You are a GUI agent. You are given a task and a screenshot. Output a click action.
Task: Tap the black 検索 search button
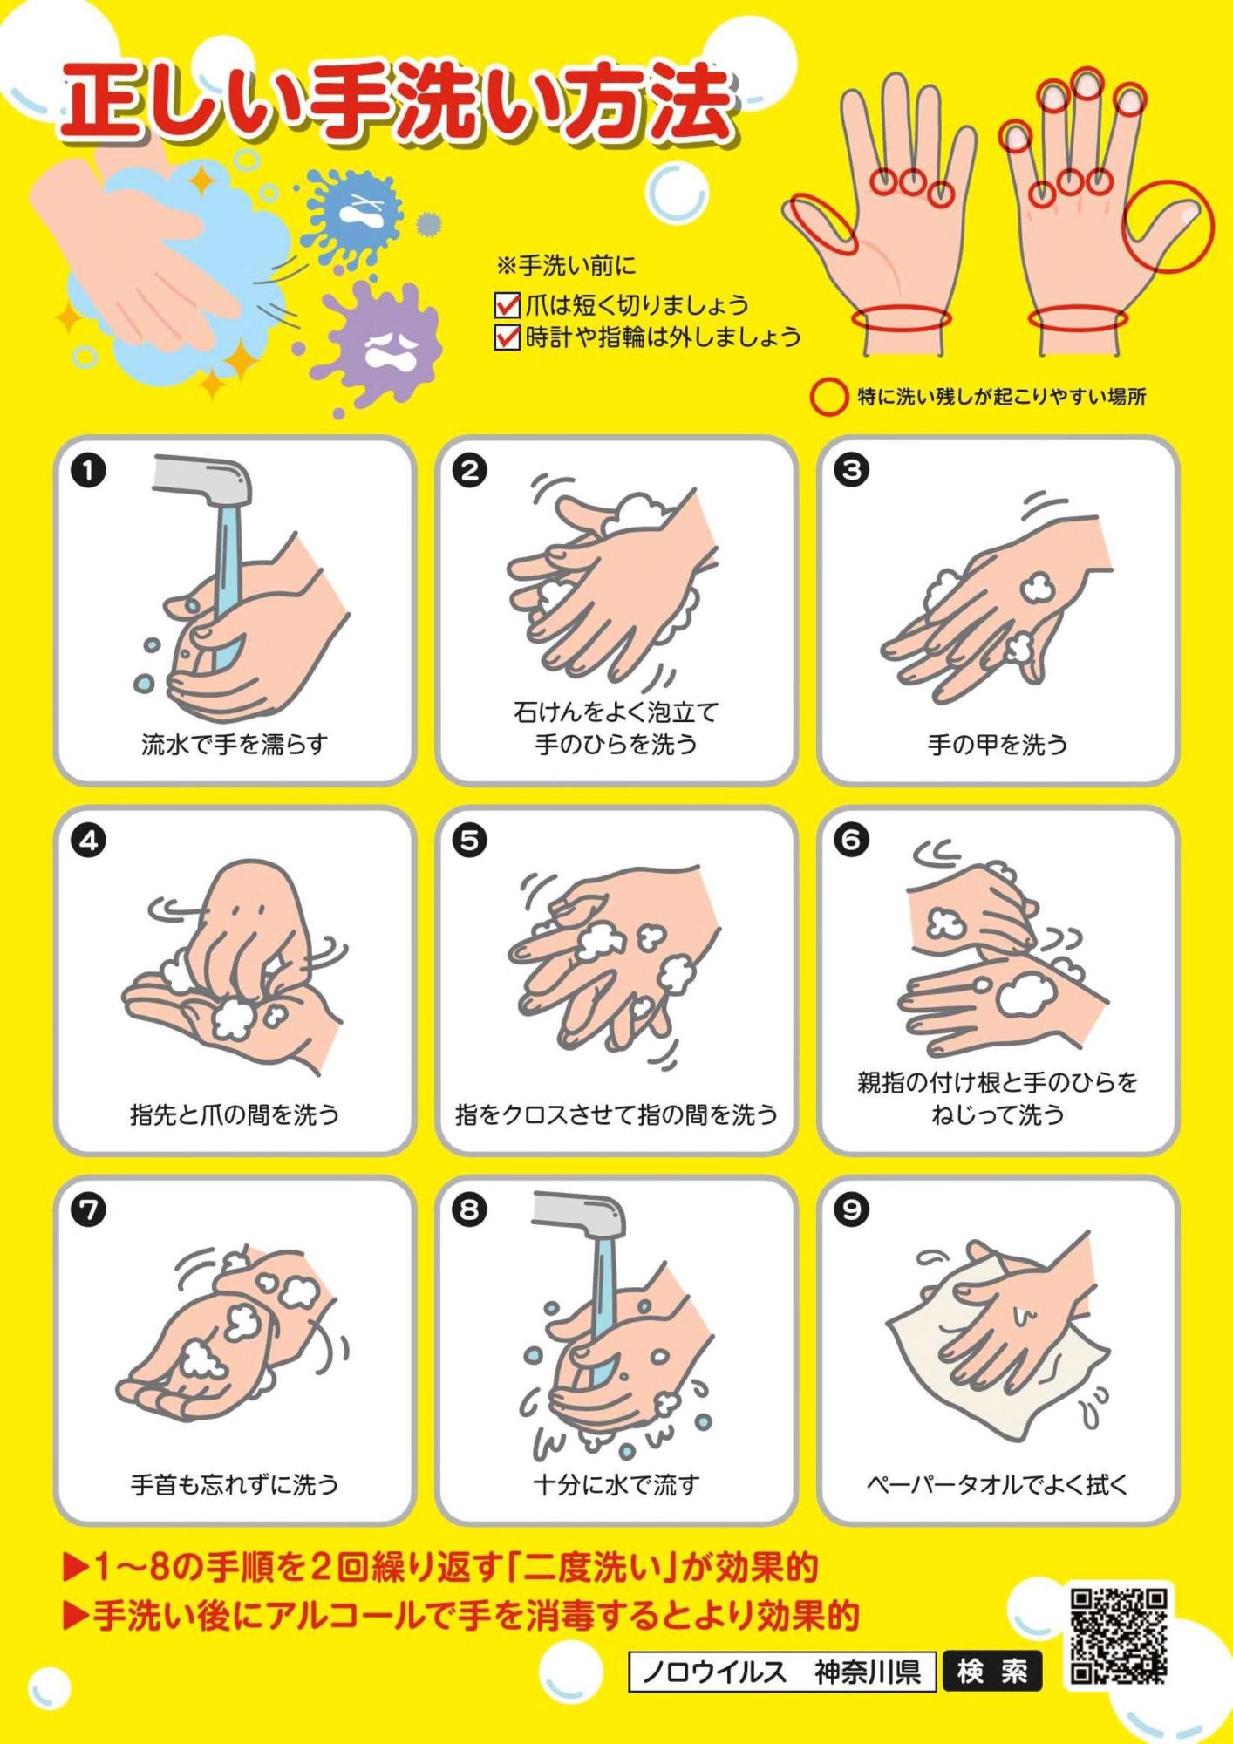coord(992,1672)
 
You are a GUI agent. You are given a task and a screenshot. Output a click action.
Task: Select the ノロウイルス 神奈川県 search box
coord(782,1672)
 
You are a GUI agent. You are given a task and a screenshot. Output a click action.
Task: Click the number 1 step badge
coord(89,471)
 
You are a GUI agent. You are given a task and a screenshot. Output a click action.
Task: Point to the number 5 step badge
coord(470,841)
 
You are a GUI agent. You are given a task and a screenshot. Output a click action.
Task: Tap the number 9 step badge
coord(852,1210)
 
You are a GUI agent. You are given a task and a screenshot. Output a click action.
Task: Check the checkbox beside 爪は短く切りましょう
coord(507,305)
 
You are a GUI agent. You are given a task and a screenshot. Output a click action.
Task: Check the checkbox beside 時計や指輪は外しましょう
coord(507,337)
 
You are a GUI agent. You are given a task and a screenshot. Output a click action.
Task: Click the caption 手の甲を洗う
coord(998,745)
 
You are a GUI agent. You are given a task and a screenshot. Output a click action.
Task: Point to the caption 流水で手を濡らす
coord(235,745)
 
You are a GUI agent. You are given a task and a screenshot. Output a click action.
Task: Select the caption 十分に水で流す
coord(616,1484)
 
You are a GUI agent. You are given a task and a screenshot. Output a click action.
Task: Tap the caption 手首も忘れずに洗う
coord(235,1484)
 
